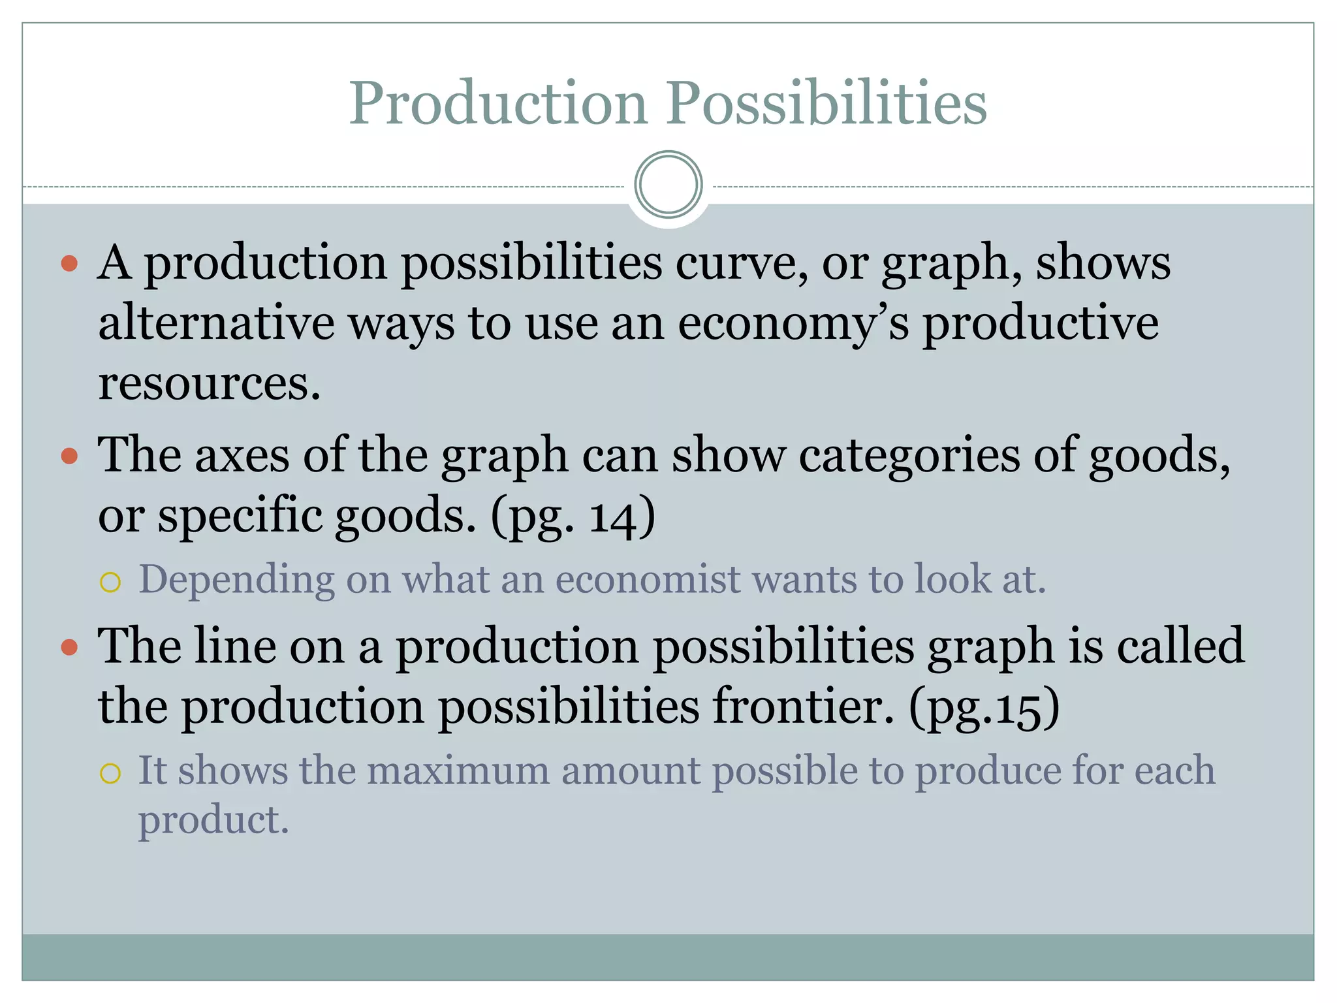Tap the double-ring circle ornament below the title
tap(668, 185)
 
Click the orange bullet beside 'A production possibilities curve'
tap(69, 264)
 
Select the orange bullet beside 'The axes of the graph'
tap(69, 455)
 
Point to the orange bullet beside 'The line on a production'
tap(69, 647)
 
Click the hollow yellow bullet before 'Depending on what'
tap(110, 582)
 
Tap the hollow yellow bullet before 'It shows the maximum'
tap(110, 773)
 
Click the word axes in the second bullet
tap(242, 454)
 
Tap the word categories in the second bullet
tap(909, 454)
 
